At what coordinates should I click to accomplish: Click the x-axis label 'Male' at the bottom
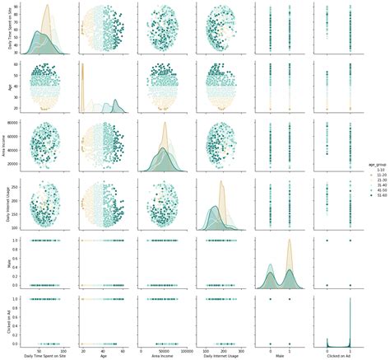(x=276, y=355)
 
